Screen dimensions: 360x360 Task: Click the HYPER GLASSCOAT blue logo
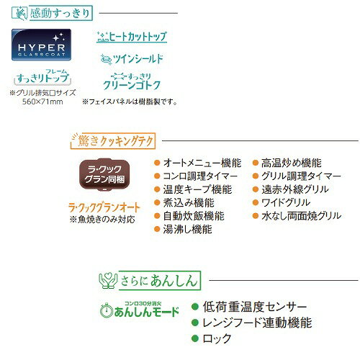pos(41,45)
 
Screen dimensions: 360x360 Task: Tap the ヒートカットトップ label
pos(132,37)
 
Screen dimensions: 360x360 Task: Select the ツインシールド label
pos(132,59)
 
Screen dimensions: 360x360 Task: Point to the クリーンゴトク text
pos(132,85)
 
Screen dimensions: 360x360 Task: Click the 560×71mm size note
pos(42,102)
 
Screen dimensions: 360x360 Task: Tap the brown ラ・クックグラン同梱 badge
pos(104,174)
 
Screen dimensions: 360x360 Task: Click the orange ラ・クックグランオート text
pos(104,207)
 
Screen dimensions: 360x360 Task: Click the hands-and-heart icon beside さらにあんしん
pos(108,280)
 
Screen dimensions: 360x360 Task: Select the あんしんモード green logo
pos(140,310)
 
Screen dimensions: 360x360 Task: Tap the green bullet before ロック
pos(195,338)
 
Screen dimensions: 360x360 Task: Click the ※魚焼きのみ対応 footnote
pos(102,220)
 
